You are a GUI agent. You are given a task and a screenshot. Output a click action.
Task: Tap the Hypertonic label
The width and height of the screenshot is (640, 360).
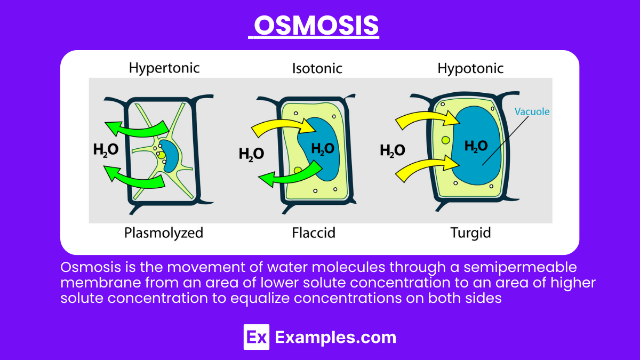(164, 68)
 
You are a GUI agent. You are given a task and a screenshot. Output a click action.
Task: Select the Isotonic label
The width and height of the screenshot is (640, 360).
(317, 68)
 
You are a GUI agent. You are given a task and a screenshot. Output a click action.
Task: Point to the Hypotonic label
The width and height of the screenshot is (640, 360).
(470, 68)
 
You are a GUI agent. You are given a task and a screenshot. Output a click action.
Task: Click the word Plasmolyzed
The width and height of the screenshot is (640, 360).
(164, 233)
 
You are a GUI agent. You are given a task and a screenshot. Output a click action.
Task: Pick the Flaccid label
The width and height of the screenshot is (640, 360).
(314, 233)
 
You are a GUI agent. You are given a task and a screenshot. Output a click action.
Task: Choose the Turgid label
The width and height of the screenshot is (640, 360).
(470, 233)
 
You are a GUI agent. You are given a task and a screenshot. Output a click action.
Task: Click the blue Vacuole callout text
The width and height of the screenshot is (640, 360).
(532, 112)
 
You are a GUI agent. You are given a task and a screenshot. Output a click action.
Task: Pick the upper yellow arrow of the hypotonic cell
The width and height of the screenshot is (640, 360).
(421, 121)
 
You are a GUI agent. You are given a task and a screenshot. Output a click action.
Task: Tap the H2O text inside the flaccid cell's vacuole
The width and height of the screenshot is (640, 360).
(323, 149)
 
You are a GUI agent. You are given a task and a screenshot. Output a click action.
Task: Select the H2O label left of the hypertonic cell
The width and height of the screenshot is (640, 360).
(106, 149)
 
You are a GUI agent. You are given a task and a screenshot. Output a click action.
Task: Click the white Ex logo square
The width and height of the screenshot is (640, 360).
(256, 337)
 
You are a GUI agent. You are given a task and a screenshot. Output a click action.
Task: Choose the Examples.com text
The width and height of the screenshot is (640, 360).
(335, 337)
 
